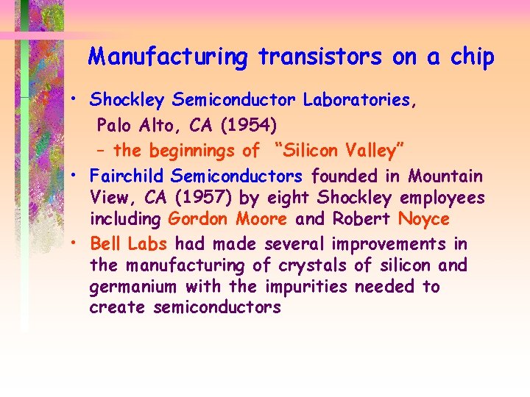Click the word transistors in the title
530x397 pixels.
[x=319, y=57]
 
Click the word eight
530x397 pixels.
[x=299, y=198]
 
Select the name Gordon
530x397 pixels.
[x=197, y=220]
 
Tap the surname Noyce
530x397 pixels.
[x=423, y=220]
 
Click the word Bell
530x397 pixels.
[x=105, y=243]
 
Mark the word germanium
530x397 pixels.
[x=133, y=287]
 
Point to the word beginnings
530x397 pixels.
[x=193, y=151]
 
